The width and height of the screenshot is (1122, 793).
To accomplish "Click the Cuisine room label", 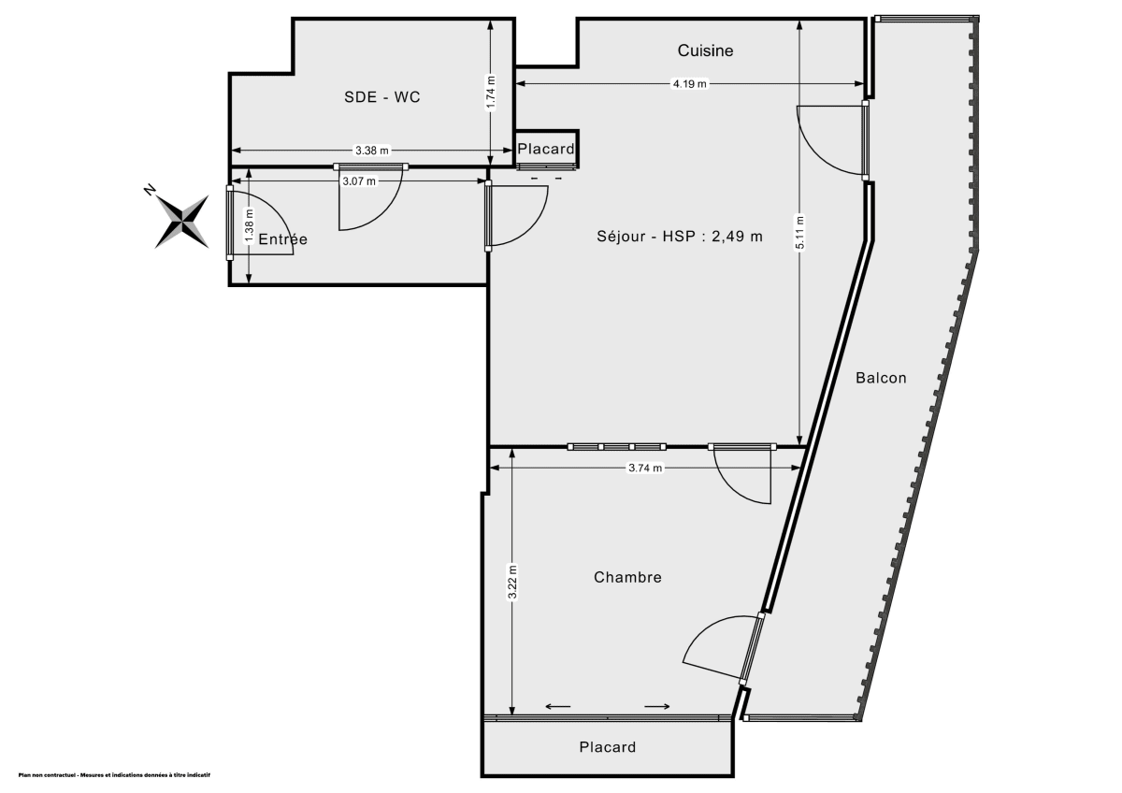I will click(x=705, y=50).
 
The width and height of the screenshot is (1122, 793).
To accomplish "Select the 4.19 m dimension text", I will click(x=690, y=84).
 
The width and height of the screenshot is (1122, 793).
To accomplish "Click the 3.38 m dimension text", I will click(x=371, y=151).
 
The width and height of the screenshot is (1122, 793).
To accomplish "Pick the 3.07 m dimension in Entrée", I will click(x=359, y=180).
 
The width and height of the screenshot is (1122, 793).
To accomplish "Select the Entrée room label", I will click(x=282, y=239).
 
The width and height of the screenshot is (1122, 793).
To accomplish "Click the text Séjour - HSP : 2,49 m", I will click(x=680, y=237).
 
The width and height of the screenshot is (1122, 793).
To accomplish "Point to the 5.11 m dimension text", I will click(x=799, y=233).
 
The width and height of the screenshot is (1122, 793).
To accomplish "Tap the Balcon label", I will click(x=881, y=378).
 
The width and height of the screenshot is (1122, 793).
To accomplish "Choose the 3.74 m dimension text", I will click(x=645, y=469).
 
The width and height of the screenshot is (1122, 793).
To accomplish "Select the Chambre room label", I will click(x=627, y=577).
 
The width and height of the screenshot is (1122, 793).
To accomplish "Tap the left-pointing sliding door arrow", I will click(x=558, y=706).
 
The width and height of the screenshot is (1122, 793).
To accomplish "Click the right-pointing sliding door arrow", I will click(x=656, y=706).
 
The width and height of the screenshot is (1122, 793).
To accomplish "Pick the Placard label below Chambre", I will click(x=607, y=747).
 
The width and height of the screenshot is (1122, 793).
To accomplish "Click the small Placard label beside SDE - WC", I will click(x=546, y=149).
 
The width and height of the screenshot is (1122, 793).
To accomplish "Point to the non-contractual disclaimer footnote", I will click(x=114, y=775).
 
